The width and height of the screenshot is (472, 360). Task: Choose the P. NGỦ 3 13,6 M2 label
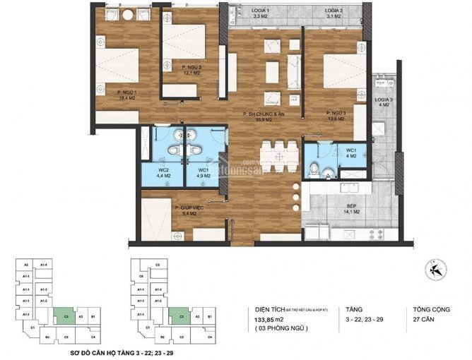(x=334, y=116)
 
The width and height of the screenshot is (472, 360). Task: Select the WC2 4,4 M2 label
(x=163, y=173)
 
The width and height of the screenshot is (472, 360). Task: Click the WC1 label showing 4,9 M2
(x=204, y=173)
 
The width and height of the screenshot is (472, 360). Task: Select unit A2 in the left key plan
(x=25, y=265)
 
